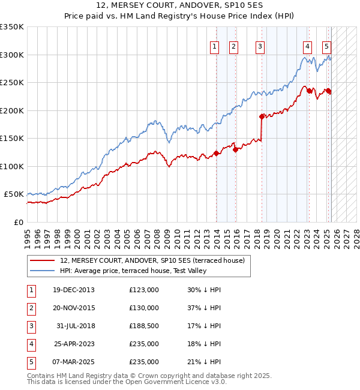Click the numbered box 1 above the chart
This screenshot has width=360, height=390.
215,47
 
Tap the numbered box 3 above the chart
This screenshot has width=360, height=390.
260,47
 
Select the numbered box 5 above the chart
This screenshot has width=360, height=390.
326,47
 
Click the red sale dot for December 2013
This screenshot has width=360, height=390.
216,154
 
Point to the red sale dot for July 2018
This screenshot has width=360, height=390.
262,116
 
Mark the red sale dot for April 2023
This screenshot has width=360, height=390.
309,91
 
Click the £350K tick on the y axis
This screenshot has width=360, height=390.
12,27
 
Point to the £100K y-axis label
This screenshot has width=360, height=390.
12,166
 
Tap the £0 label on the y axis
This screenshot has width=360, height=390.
18,222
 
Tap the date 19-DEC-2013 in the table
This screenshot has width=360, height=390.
74,290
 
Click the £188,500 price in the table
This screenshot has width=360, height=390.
144,326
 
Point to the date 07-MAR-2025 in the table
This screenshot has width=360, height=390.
74,362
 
